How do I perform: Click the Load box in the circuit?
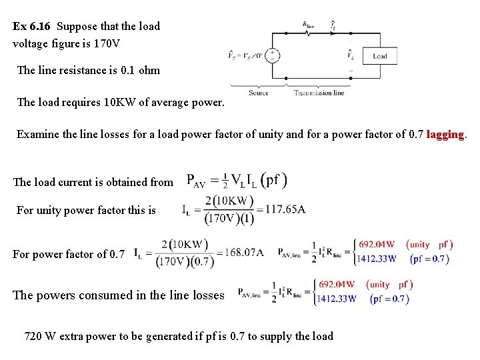[379, 56]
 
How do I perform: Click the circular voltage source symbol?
[272, 56]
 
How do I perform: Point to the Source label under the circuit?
[259, 93]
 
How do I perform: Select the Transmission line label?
[319, 93]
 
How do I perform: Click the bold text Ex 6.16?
[33, 27]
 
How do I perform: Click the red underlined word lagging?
[445, 134]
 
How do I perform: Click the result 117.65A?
[285, 209]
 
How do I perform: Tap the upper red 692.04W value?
[377, 244]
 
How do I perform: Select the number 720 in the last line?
[33, 336]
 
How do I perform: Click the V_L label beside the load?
[351, 55]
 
